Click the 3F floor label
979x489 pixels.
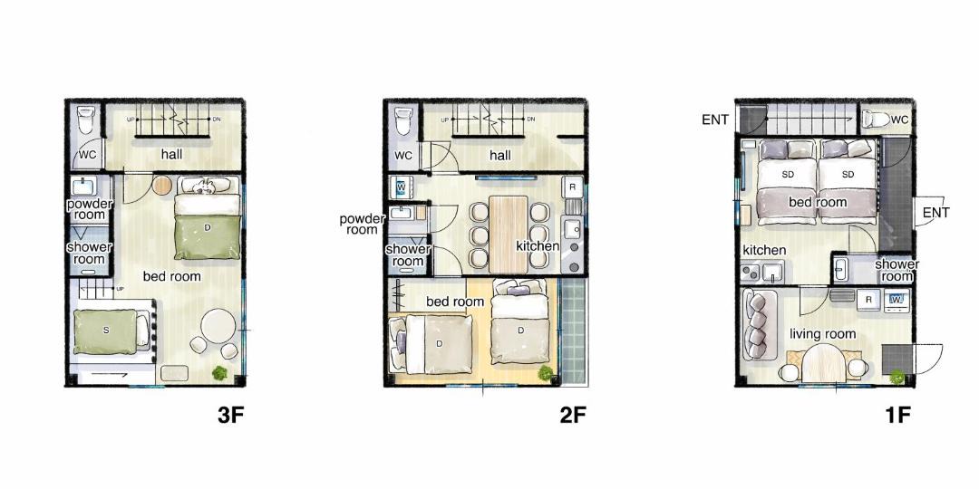coord(229,416)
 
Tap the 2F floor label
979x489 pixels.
coord(573,416)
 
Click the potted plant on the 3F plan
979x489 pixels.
coord(219,373)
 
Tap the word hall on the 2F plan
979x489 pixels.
coord(500,156)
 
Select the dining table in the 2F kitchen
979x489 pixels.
coord(509,234)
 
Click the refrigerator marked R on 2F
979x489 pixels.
coord(573,187)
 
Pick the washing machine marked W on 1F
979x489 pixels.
coord(896,300)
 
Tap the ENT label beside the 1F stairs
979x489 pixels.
coord(715,120)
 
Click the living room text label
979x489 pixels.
coord(822,334)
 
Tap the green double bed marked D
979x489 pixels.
coord(208,225)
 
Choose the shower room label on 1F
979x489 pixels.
coord(897,270)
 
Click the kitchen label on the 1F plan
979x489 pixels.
coord(764,250)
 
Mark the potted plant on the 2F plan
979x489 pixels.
coord(546,373)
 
